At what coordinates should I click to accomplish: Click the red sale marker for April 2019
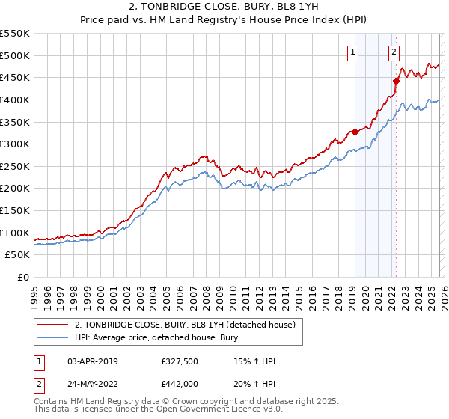click(x=354, y=132)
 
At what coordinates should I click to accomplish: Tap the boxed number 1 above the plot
click(x=352, y=52)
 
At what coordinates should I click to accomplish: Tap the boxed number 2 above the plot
click(x=394, y=52)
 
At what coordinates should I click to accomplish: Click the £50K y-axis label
click(x=18, y=255)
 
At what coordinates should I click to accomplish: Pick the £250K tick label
click(x=15, y=166)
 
